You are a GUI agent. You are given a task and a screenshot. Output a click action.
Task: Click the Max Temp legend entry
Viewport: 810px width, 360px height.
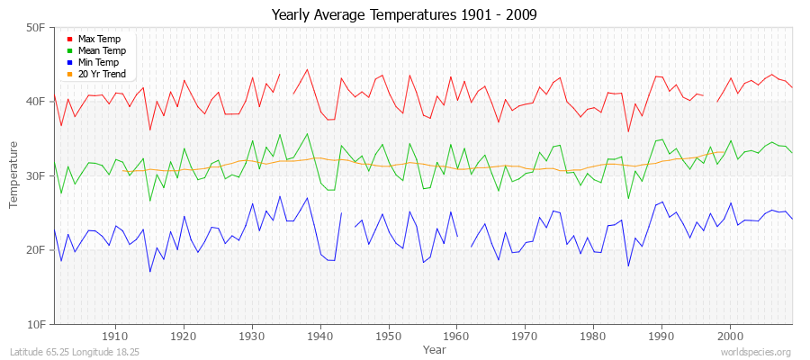click(99, 40)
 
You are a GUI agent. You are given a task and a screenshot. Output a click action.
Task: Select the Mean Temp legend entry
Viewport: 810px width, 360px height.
click(102, 51)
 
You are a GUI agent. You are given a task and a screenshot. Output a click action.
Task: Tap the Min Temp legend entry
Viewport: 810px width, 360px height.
click(98, 62)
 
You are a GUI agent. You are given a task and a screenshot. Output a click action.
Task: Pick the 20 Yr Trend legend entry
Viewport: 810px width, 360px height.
click(102, 74)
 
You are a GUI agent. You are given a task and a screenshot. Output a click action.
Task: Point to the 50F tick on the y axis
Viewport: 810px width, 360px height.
click(36, 28)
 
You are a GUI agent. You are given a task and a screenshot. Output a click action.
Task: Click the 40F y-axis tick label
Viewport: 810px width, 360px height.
click(36, 102)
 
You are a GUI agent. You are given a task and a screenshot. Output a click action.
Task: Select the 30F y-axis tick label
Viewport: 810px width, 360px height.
click(36, 175)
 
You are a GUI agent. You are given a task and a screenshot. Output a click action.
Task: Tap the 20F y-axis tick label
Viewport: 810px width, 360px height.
click(36, 250)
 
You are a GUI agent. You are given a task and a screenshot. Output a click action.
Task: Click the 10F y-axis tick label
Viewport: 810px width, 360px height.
click(36, 324)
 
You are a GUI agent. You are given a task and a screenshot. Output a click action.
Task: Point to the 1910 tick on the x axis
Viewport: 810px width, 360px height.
click(115, 336)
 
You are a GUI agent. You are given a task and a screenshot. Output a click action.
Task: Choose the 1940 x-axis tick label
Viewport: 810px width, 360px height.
click(320, 336)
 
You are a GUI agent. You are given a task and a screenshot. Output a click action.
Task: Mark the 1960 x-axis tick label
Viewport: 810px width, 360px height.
click(456, 336)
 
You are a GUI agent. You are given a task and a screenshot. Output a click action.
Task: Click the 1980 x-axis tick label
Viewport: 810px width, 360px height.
click(593, 336)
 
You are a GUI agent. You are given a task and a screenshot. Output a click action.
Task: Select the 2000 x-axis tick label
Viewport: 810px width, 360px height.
click(730, 336)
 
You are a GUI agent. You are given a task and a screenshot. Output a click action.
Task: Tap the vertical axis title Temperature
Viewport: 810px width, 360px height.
click(14, 175)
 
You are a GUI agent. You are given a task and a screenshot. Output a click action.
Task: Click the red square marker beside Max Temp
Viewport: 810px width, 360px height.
click(70, 40)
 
